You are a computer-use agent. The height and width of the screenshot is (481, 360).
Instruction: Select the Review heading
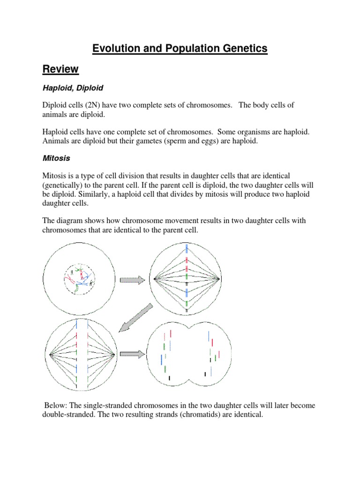60,70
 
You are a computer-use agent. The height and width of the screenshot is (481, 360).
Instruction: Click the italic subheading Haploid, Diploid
73,88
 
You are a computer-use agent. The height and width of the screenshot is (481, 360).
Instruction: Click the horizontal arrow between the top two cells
133,280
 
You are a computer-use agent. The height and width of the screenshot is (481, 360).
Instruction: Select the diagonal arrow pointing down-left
135,317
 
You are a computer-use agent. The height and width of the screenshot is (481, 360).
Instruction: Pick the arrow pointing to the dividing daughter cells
133,354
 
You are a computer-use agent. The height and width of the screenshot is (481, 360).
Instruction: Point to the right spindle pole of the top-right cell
220,279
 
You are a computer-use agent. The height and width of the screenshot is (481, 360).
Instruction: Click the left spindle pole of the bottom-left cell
49,354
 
